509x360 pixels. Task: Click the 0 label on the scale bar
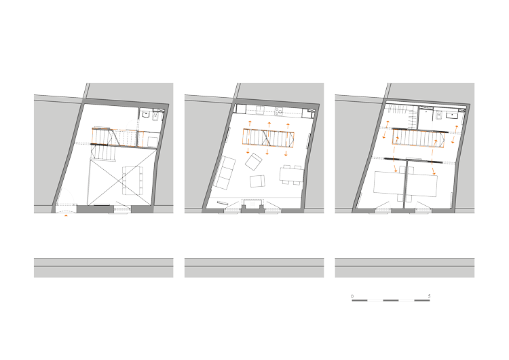tap(352, 296)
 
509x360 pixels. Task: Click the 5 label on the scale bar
tap(429, 296)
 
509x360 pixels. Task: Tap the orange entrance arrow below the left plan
tap(67, 215)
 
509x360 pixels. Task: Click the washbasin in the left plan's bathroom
tap(145, 114)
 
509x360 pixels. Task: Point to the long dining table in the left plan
tap(132, 180)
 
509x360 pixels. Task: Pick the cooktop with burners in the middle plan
tap(278, 111)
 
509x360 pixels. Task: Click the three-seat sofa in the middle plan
tap(225, 173)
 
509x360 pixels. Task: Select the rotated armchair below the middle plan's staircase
tap(254, 162)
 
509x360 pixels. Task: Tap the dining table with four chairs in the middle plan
tap(291, 175)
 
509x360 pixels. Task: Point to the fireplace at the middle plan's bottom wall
tap(252, 204)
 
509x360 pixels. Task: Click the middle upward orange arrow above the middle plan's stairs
tap(269, 125)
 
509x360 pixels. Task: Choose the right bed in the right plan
tap(421, 185)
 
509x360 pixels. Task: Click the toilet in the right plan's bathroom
tap(440, 115)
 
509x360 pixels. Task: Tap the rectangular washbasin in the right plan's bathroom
tap(452, 115)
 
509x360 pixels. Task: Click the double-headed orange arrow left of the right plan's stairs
tap(385, 129)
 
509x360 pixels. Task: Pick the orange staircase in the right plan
tap(418, 137)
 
